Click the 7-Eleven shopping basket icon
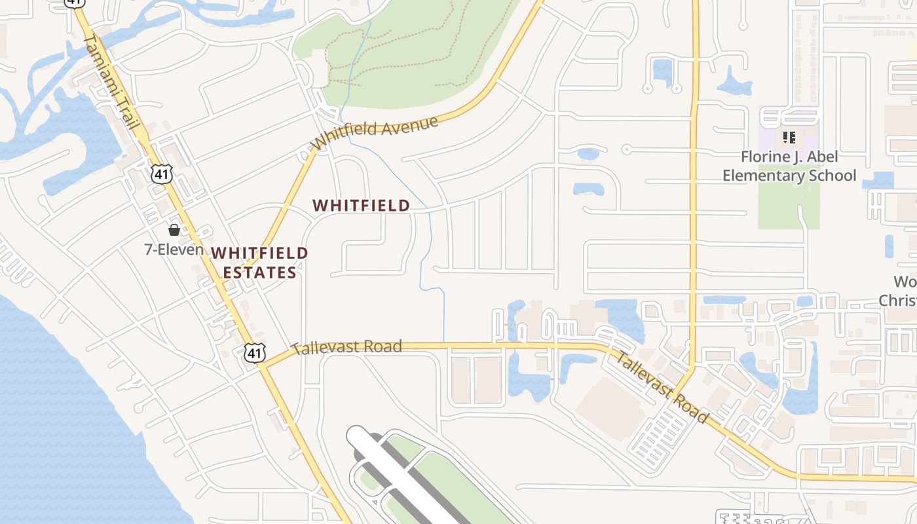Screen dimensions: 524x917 [x=174, y=230]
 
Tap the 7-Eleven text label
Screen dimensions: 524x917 [x=174, y=250]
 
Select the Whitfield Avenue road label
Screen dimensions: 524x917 [x=374, y=132]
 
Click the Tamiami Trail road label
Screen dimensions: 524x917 [x=113, y=82]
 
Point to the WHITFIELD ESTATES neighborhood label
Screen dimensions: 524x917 [x=259, y=262]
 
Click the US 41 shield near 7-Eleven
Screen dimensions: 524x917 [x=161, y=174]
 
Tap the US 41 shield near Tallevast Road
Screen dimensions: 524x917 [x=255, y=353]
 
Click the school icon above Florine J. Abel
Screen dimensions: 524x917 [x=789, y=138]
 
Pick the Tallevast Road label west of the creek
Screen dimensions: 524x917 [x=346, y=347]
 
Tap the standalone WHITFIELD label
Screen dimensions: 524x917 [x=361, y=206]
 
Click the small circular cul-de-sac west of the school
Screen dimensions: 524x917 [x=626, y=149]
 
